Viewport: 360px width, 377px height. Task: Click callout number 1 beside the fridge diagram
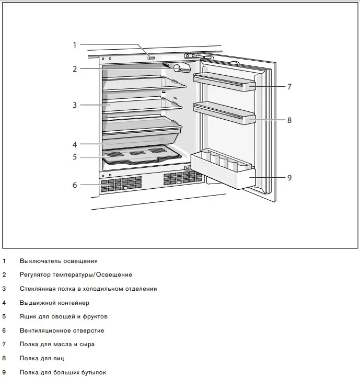coord(74,45)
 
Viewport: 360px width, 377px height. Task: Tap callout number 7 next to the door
coord(289,87)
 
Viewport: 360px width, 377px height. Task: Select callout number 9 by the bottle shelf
coord(289,178)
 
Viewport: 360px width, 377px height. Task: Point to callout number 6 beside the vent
coord(75,185)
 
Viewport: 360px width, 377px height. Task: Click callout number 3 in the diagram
coord(75,105)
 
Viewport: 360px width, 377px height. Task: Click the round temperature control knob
coord(178,67)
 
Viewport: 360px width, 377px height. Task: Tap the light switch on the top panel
coord(151,57)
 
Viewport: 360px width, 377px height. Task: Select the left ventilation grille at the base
coord(121,184)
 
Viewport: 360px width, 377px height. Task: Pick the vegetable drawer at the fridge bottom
coord(141,155)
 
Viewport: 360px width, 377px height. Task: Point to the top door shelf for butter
coord(225,82)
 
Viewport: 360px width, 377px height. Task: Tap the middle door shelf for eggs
coord(225,112)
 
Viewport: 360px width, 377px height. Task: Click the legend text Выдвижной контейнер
coord(54,303)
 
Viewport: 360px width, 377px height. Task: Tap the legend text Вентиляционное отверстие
coord(62,330)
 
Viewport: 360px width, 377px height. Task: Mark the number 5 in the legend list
coord(4,316)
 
